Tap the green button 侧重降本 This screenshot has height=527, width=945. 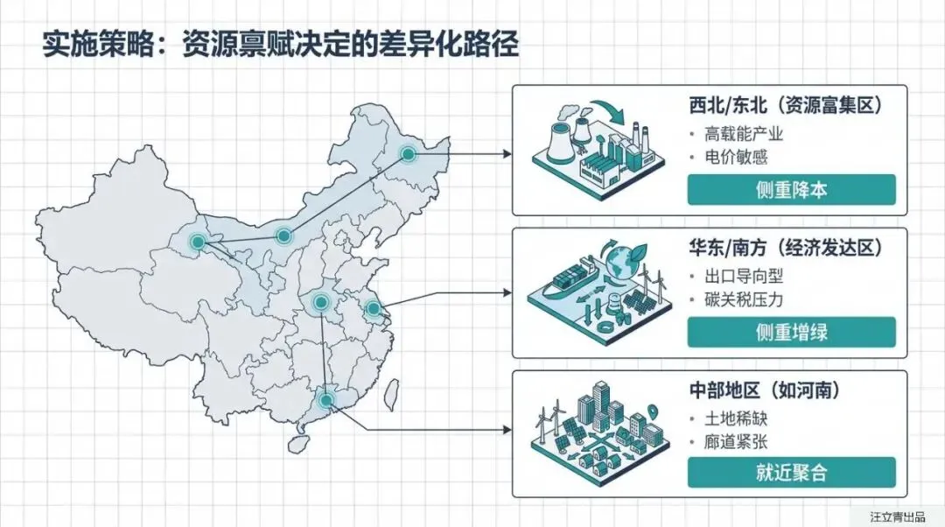pos(791,190)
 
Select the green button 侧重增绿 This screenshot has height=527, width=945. pos(791,332)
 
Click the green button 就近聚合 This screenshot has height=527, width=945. pos(791,473)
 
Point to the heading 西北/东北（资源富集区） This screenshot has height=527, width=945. pos(784,106)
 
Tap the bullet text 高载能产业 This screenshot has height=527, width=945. pos(744,134)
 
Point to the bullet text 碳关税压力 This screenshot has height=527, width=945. pos(744,299)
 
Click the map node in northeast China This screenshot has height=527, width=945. pos(408,154)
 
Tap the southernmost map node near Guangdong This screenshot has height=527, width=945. pos(326,400)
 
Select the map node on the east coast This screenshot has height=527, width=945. pos(374,308)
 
